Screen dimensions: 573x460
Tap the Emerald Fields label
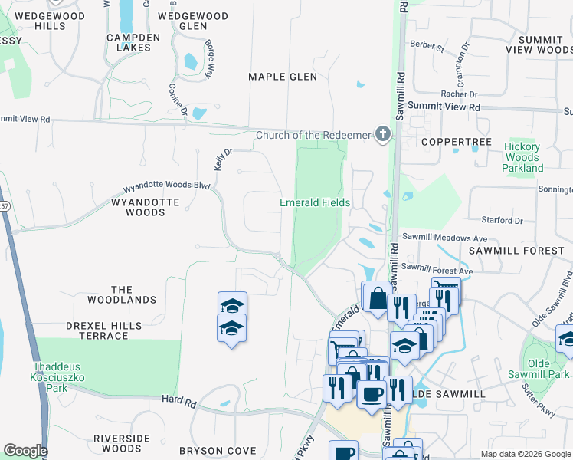pyautogui.click(x=315, y=203)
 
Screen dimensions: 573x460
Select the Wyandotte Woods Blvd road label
pyautogui.click(x=166, y=186)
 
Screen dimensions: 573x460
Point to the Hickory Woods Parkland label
pyautogui.click(x=523, y=157)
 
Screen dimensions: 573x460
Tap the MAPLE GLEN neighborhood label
pyautogui.click(x=283, y=77)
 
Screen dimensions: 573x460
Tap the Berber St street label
pyautogui.click(x=427, y=46)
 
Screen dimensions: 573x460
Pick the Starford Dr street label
pyautogui.click(x=503, y=221)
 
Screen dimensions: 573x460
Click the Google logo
pyautogui.click(x=25, y=451)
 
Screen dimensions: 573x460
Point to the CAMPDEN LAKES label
pyautogui.click(x=133, y=41)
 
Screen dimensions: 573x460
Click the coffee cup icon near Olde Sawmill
pyautogui.click(x=372, y=393)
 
